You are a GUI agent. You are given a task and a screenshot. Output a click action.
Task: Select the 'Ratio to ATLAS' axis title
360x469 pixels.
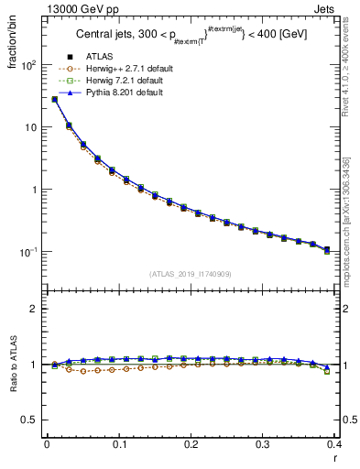coord(16,364)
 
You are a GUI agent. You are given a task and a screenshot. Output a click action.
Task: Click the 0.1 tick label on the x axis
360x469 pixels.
coord(119,445)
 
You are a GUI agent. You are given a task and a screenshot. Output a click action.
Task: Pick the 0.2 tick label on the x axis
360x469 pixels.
coord(191,445)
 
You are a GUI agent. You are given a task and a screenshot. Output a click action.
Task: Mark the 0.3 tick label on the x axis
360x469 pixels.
coord(263,445)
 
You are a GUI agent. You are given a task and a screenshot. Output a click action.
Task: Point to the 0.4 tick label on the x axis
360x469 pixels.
coord(333,445)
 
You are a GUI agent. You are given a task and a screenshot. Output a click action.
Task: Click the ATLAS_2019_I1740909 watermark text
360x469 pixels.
coord(191,274)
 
